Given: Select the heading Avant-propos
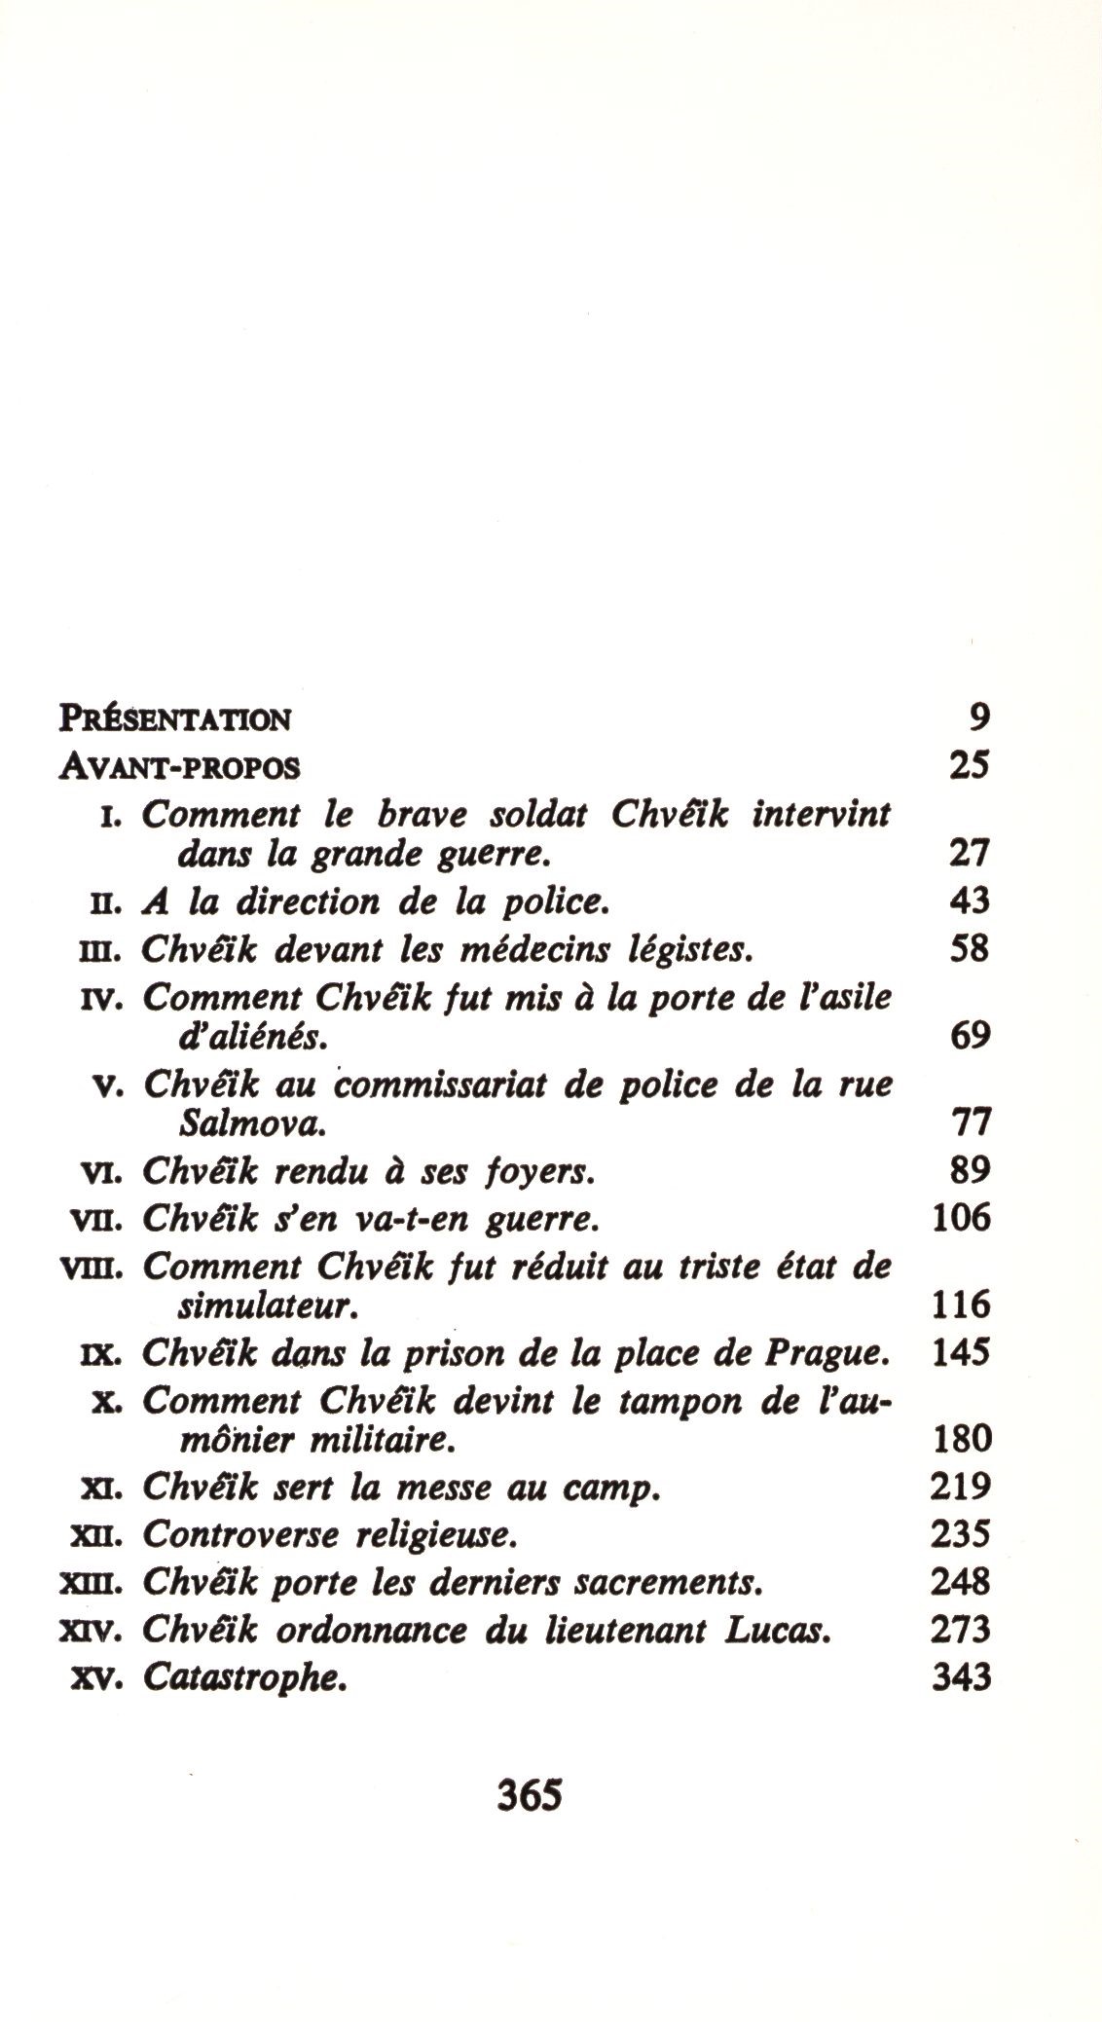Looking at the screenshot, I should point(180,767).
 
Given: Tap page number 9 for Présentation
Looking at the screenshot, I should point(978,717).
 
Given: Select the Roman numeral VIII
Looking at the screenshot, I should point(93,1269).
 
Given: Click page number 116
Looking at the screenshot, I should point(961,1305).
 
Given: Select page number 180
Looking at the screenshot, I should point(961,1439).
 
